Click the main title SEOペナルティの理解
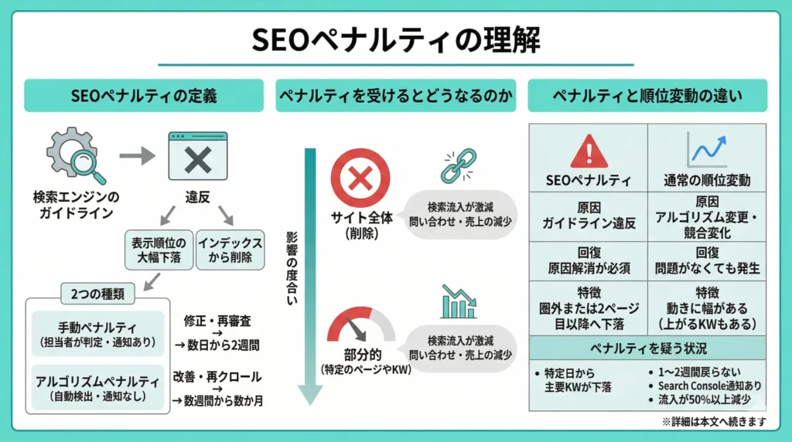click(x=395, y=39)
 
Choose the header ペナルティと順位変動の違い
click(x=647, y=96)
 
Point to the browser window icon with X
click(x=198, y=158)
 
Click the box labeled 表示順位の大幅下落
click(x=157, y=250)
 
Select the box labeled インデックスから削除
click(x=230, y=250)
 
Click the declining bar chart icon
click(x=459, y=302)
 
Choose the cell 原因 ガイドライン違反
click(x=589, y=217)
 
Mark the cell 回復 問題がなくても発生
click(x=707, y=262)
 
